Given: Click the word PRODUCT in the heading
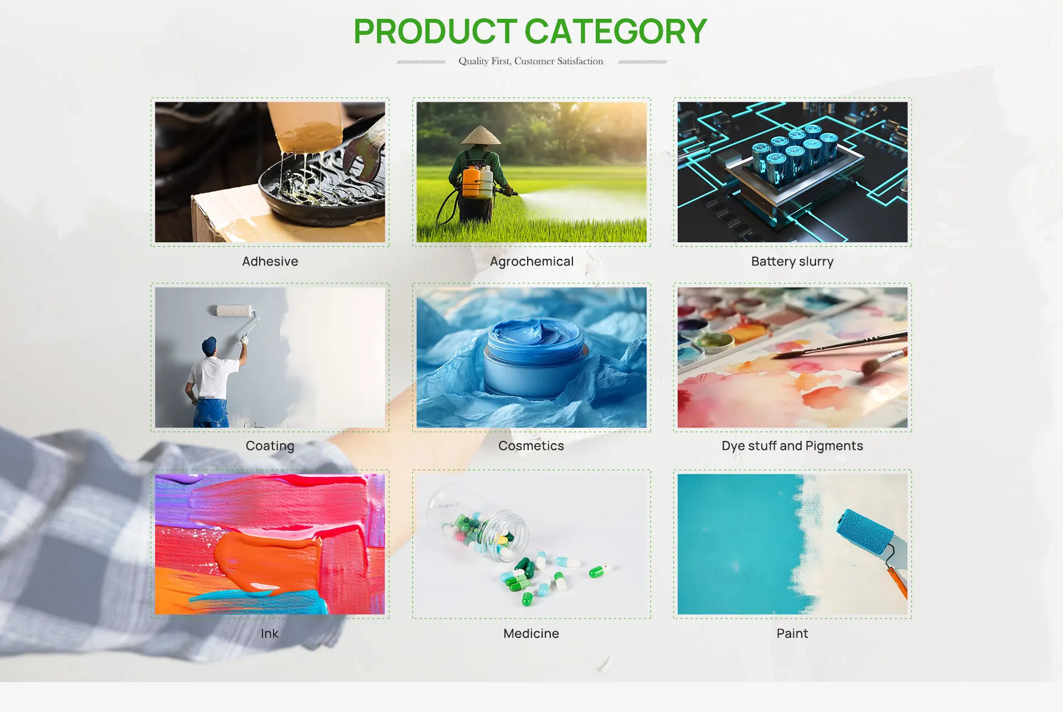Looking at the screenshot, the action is click(435, 32).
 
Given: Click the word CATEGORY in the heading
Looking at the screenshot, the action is click(616, 32).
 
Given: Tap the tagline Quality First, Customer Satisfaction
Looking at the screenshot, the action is click(530, 61).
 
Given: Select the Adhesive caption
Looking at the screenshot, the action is click(270, 261).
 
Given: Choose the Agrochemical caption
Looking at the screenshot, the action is click(531, 262).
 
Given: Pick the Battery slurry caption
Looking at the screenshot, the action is click(792, 262).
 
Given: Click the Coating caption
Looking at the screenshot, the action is click(270, 446).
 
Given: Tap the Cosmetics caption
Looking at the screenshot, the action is click(531, 446).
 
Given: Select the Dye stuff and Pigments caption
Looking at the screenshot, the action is click(792, 446).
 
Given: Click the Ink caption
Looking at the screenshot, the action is click(270, 633).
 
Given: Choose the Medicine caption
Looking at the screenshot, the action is click(531, 633).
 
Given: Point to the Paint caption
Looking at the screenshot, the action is click(792, 633).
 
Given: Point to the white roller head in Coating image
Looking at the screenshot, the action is click(234, 310).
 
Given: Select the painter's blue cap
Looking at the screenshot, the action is click(209, 346).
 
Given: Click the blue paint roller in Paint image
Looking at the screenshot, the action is click(865, 532).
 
